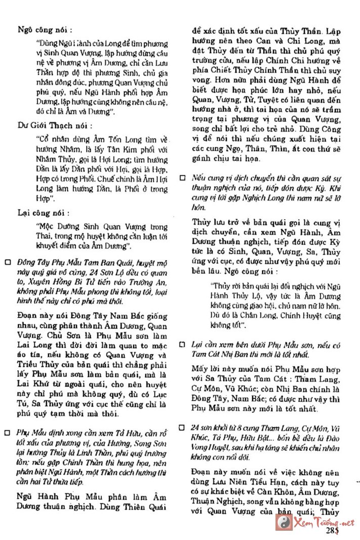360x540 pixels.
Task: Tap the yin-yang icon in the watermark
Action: pyautogui.click(x=282, y=522)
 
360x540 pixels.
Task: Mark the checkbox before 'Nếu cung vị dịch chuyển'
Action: pyautogui.click(x=183, y=179)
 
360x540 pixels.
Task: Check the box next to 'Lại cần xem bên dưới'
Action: pyautogui.click(x=183, y=345)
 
